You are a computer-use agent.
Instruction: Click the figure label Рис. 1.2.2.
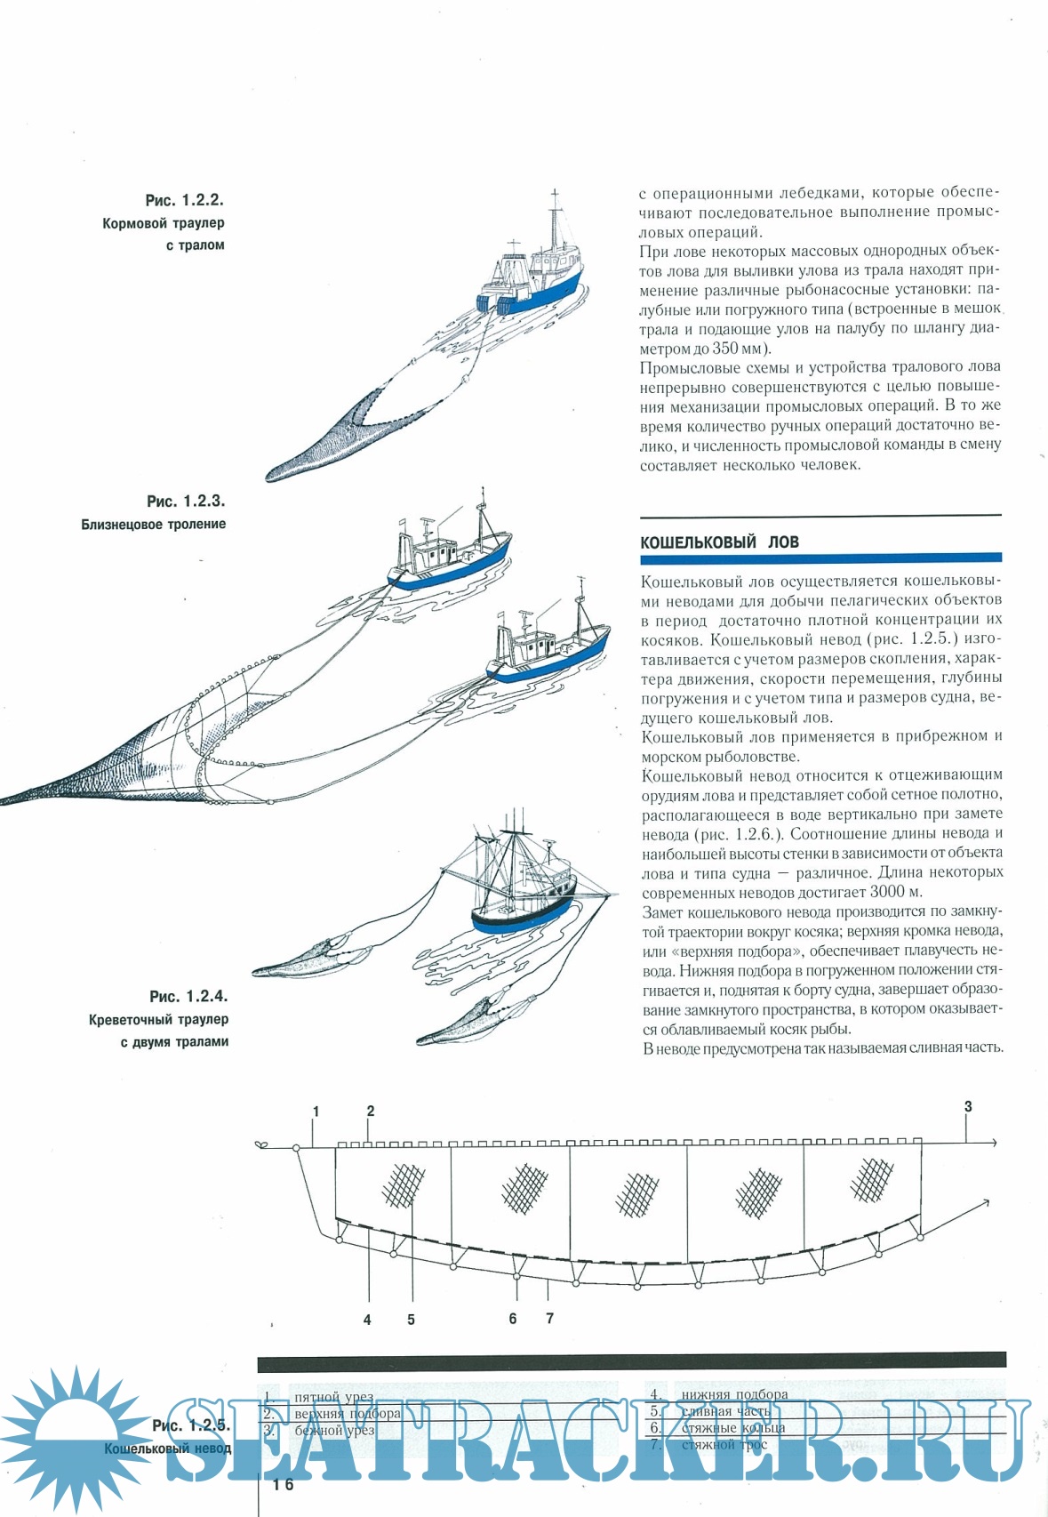point(184,201)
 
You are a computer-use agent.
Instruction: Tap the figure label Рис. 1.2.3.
point(186,502)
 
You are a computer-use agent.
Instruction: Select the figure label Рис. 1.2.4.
point(188,997)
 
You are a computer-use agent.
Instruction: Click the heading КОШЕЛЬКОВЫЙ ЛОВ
point(719,542)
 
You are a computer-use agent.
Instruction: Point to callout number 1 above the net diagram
point(316,1111)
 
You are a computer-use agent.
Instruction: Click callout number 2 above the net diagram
point(371,1111)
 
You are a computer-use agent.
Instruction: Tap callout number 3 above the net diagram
point(968,1107)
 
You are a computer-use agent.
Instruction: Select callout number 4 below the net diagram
point(367,1320)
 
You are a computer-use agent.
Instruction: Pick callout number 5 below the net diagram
point(411,1320)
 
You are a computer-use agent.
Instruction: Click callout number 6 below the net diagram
point(513,1319)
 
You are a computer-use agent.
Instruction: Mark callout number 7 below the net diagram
point(550,1319)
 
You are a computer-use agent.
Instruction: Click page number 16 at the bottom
point(283,1484)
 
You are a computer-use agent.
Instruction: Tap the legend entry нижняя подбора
point(734,1394)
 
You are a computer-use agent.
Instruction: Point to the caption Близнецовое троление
point(154,525)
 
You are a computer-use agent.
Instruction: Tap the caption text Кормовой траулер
point(164,223)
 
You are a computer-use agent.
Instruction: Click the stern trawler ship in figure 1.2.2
point(533,271)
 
